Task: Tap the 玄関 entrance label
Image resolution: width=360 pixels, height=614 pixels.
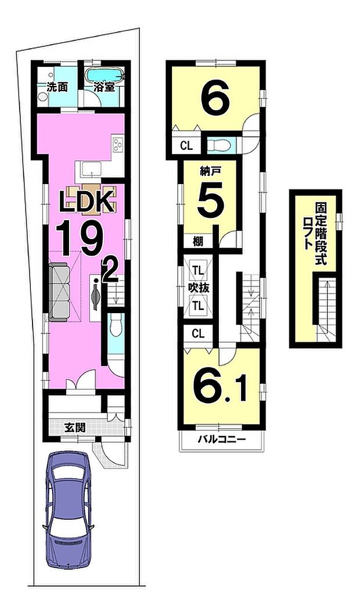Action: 75,428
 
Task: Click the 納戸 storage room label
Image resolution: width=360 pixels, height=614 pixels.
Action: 208,171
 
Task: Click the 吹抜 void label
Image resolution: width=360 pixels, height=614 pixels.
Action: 195,288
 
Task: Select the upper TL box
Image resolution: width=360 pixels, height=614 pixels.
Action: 198,270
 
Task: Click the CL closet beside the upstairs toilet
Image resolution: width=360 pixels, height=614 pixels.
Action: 186,146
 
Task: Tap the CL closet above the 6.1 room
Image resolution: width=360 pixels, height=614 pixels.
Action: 198,333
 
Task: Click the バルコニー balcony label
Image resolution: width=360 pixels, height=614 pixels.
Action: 221,439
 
